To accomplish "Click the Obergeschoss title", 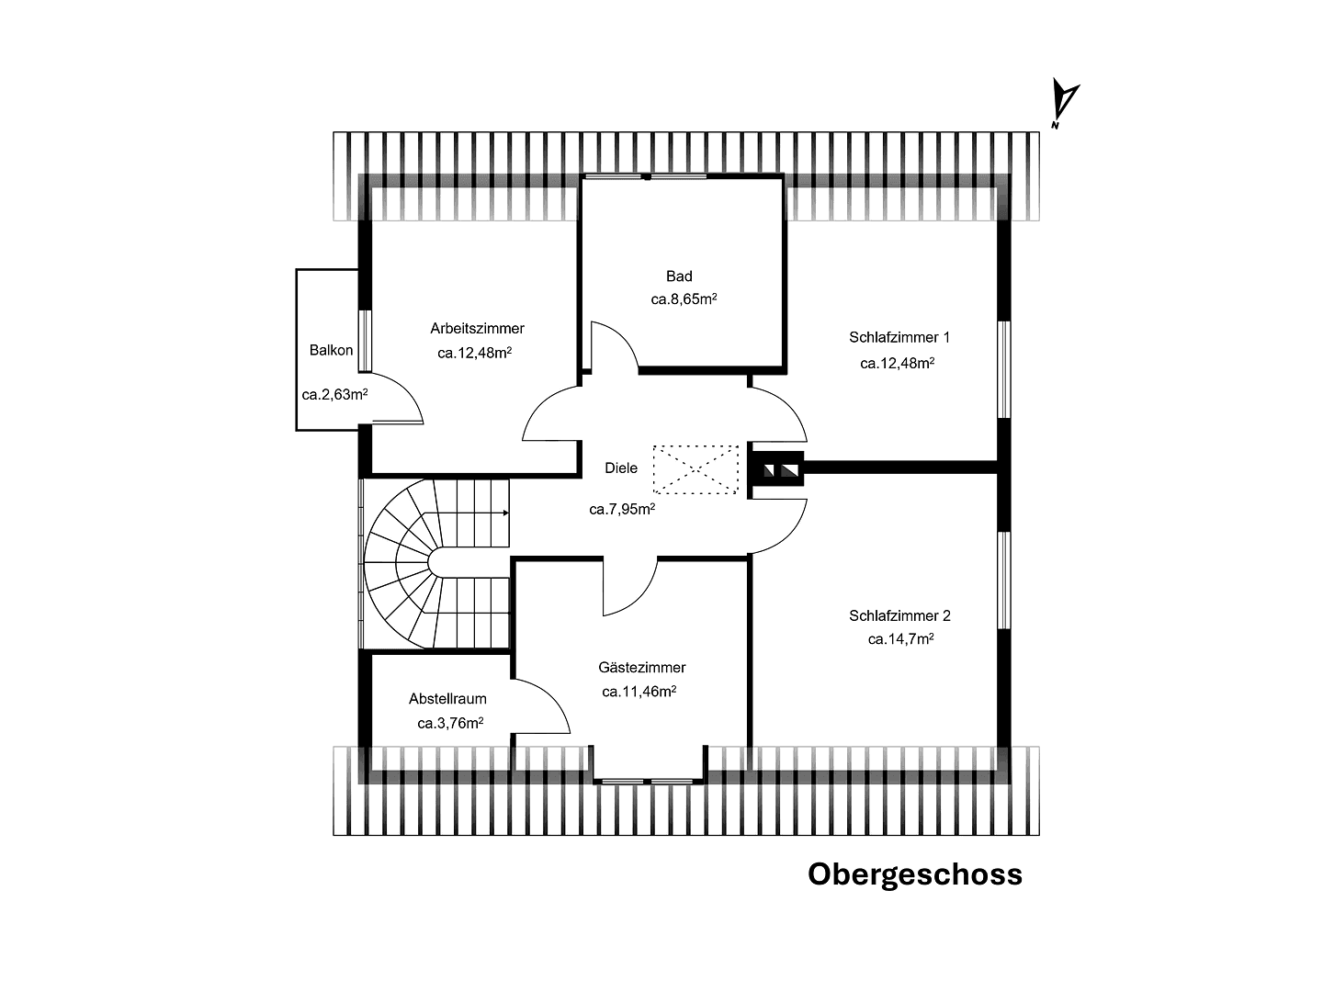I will click(914, 874).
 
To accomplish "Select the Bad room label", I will click(679, 276).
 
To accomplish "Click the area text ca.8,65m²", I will click(684, 299).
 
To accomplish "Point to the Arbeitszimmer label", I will click(477, 328).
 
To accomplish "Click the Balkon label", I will click(331, 350).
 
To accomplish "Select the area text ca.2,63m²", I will click(334, 395).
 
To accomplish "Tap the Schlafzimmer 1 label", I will click(899, 337).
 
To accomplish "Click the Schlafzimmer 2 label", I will click(899, 615).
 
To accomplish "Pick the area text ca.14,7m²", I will click(900, 639).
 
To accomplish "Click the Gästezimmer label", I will click(641, 668).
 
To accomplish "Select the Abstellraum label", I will click(447, 699).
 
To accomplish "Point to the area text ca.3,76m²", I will click(450, 723).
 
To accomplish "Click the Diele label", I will click(621, 468).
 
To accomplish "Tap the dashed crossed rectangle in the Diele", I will click(695, 469).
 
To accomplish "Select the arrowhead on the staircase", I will click(505, 513).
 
